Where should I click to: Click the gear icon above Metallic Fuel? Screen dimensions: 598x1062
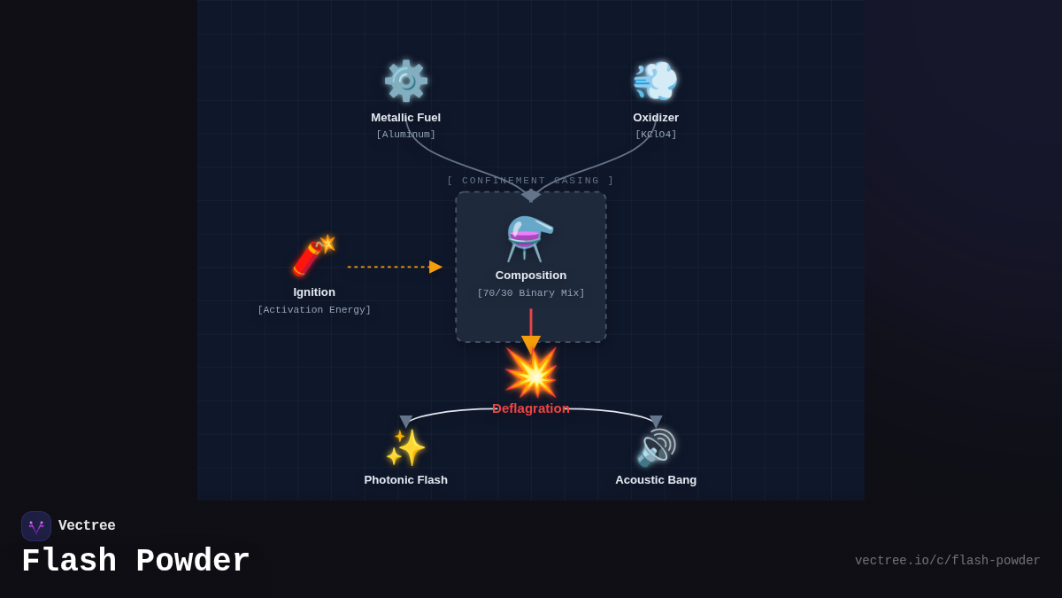coord(405,82)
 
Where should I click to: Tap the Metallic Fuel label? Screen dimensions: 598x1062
coord(405,118)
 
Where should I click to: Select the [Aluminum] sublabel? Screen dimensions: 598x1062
coord(405,135)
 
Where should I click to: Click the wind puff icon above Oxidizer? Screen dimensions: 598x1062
coord(656,82)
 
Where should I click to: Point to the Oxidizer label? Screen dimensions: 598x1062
coord(656,118)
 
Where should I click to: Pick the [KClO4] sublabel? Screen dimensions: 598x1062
coord(656,135)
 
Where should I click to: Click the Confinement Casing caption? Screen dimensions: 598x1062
coord(530,181)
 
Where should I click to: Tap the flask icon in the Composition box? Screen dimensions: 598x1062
coord(530,238)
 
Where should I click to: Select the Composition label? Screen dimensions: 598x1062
coord(531,276)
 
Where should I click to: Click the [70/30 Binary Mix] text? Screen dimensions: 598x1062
coord(531,293)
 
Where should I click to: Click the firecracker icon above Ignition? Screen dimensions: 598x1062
coord(314,256)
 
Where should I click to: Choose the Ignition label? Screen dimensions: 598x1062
coord(314,292)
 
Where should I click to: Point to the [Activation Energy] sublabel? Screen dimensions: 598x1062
coord(314,310)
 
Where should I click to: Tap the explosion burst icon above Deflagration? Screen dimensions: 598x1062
coord(531,373)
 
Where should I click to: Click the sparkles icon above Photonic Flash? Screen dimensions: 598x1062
coord(405,447)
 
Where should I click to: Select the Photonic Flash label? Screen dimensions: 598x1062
coord(405,480)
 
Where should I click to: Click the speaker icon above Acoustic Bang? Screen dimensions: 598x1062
coord(656,447)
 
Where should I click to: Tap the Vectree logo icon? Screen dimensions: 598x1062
coord(36,526)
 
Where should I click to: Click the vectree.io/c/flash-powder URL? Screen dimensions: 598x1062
coord(947,561)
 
